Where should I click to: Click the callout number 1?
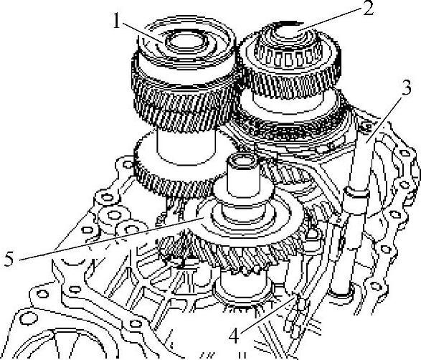(x=116, y=20)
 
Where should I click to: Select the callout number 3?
(x=406, y=88)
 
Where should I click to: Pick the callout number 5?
(x=9, y=260)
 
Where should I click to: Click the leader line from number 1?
(x=142, y=32)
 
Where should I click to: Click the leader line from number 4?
(x=269, y=314)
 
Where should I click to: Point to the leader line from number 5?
(x=110, y=239)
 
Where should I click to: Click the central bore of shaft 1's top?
(x=186, y=41)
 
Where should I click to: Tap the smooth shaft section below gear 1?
(x=186, y=146)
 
